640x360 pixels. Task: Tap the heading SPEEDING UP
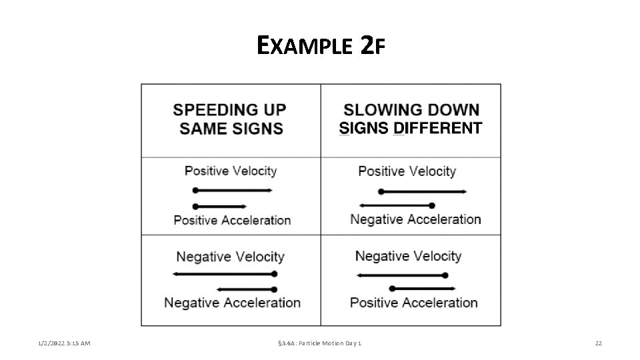231,110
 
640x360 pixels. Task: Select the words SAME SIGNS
231,128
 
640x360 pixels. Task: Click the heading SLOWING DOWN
411,109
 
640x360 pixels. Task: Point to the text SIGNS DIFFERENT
411,128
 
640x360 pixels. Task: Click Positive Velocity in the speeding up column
231,171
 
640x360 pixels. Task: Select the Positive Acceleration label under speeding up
232,220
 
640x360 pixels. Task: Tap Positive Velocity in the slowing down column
407,171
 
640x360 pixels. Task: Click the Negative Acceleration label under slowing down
415,219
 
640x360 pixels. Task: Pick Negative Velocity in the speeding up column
230,257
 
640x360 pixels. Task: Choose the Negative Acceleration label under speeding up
232,303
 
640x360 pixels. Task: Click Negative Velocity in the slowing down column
408,256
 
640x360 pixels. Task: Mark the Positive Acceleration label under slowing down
413,303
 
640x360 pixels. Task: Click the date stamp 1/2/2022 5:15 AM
64,343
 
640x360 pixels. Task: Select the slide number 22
598,343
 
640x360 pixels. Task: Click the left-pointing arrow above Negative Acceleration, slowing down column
397,205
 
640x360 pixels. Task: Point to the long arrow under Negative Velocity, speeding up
224,274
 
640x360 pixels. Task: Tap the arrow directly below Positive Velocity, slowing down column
422,191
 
